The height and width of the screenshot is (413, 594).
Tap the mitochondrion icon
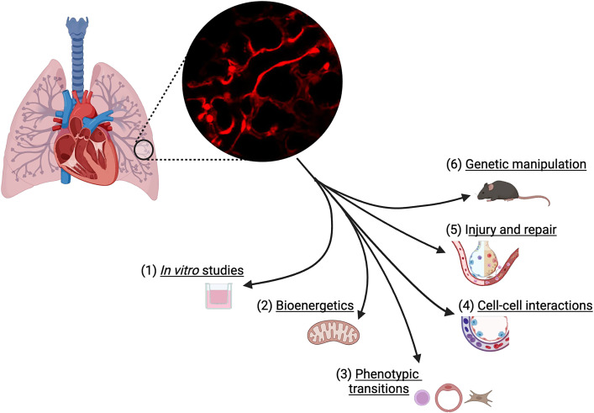pyautogui.click(x=333, y=332)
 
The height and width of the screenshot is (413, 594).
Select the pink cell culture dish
pyautogui.click(x=218, y=295)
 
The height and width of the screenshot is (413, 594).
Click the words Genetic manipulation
pyautogui.click(x=526, y=164)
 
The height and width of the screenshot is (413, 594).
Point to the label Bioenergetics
pyautogui.click(x=315, y=305)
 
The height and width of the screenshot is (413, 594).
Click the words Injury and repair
pyautogui.click(x=511, y=230)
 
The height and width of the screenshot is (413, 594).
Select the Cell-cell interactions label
pyautogui.click(x=535, y=305)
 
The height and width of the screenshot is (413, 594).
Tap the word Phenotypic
pyautogui.click(x=387, y=374)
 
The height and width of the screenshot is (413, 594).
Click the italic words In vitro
pyautogui.click(x=180, y=270)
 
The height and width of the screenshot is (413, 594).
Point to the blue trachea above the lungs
pyautogui.click(x=77, y=53)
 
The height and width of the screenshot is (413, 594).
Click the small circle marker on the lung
pyautogui.click(x=144, y=150)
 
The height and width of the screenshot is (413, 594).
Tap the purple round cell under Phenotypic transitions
pyautogui.click(x=423, y=398)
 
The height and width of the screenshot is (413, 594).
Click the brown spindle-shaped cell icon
pyautogui.click(x=479, y=398)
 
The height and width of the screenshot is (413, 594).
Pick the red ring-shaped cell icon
pyautogui.click(x=449, y=398)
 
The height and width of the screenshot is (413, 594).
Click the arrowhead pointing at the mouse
pyautogui.click(x=465, y=198)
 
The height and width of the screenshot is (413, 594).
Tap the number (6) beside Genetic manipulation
pyautogui.click(x=454, y=165)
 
